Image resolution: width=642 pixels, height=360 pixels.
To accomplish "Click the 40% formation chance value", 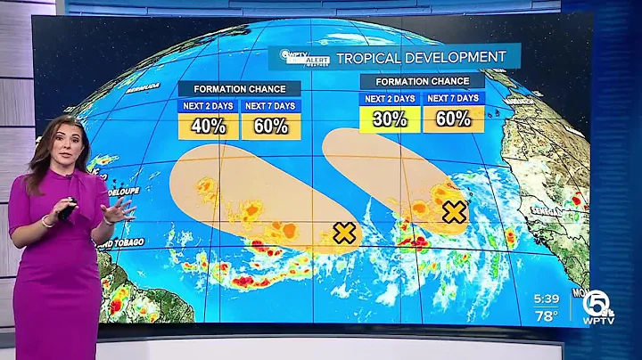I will coord(208,126).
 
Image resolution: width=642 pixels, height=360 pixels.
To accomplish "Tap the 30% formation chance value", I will coord(390,119).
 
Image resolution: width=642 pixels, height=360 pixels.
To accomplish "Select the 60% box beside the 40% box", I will coord(270,126).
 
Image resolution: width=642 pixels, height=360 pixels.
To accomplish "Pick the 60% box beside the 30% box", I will coord(453,119).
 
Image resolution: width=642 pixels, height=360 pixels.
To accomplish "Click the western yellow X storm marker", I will coord(343,233).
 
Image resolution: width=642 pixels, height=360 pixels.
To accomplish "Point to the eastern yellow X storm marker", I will coord(455,212).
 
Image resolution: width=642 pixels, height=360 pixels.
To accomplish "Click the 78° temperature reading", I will coord(546,315).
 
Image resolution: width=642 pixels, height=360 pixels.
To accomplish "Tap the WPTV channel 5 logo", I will coord(597,307).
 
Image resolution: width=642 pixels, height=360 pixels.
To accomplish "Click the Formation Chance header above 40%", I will coord(239,89).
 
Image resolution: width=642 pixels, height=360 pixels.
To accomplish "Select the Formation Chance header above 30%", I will coord(422,81).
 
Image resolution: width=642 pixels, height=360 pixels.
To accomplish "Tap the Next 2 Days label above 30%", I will coord(390,98).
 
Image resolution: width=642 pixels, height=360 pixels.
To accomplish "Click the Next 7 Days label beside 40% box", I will coord(270,105).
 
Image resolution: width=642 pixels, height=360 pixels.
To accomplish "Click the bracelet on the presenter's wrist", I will coord(46,221).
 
